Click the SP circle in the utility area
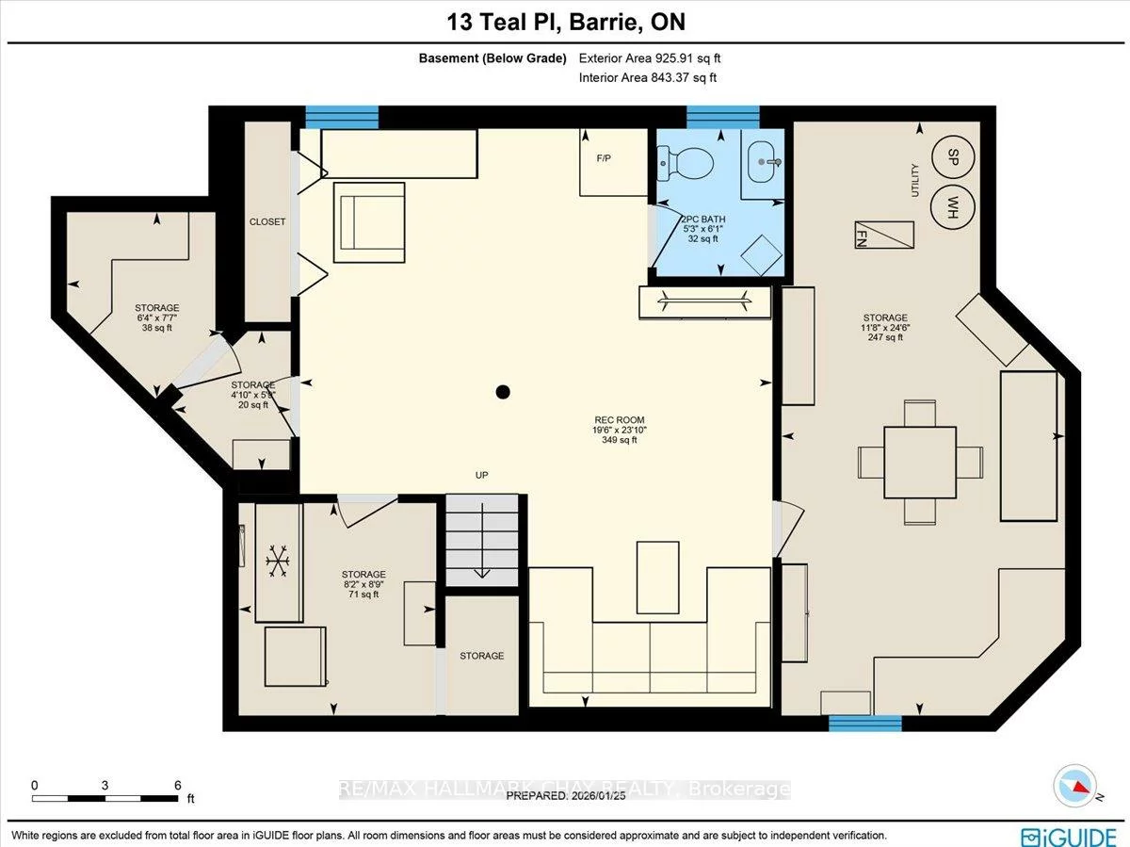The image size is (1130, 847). point(952,155)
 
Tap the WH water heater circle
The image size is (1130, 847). point(952,204)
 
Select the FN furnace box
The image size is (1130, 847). point(884,235)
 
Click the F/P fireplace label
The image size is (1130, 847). point(604,158)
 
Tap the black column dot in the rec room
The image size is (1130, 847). point(504,392)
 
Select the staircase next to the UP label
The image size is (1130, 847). point(482,540)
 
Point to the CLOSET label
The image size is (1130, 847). point(267,222)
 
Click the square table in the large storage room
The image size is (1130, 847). point(920,462)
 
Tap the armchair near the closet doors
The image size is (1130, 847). point(369,222)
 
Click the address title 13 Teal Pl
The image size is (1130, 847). point(564,21)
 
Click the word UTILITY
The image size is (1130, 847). point(914,179)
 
